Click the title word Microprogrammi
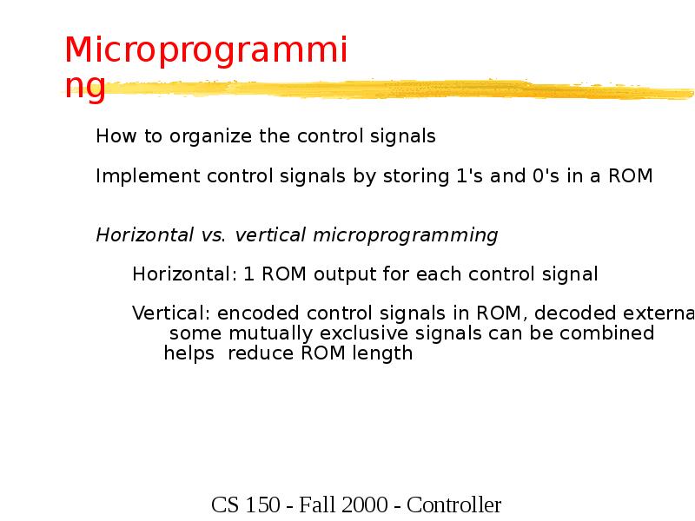[206, 52]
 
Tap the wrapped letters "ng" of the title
[85, 87]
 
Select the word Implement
[149, 177]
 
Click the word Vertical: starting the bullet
[171, 313]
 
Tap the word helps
[189, 353]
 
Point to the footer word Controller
[453, 505]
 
